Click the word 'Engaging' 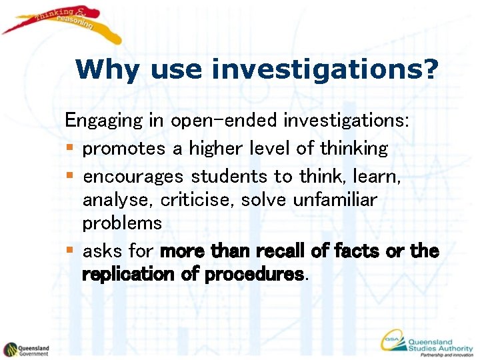pyautogui.click(x=103, y=122)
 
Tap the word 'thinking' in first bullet pyautogui.click(x=353, y=147)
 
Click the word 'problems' pyautogui.click(x=122, y=223)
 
